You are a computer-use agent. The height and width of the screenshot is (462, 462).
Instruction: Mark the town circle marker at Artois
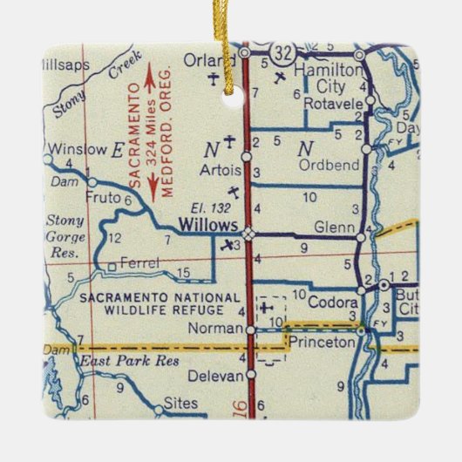pos(247,158)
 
